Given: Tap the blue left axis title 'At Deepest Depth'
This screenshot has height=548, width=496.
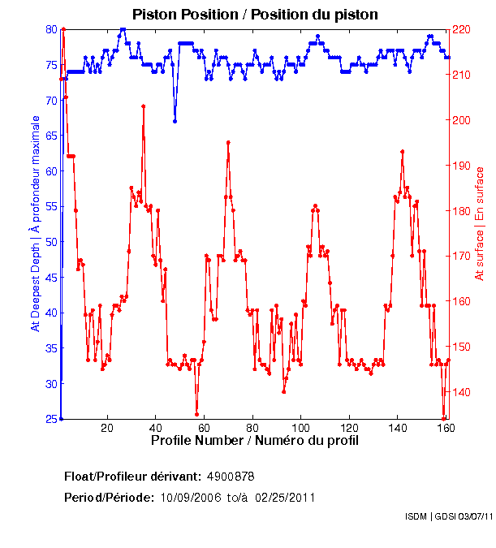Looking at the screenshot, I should point(35,223).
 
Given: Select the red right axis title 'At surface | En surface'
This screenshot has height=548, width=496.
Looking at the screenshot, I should point(480,224).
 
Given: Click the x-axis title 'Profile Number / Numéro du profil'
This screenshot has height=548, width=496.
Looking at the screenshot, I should point(254,441).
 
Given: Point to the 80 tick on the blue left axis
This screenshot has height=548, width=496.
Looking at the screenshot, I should point(50,29).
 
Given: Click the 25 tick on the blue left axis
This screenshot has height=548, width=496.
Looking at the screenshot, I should point(50,419).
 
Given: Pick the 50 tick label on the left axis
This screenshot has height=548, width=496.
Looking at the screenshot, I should point(50,242).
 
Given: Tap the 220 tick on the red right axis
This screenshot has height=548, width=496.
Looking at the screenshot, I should point(461,29).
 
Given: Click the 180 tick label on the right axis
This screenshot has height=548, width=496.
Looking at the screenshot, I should point(461,211).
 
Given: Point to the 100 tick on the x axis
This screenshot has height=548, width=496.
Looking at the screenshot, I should point(301,428).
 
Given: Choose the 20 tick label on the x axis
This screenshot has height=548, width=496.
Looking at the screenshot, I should point(107,428).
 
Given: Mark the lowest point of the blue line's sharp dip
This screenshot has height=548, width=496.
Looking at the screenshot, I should point(175,121).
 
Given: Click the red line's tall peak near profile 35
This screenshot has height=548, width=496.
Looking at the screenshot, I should point(143,106).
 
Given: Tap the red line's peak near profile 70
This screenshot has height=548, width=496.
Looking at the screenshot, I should point(229,142).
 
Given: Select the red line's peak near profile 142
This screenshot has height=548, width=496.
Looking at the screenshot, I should point(402,151).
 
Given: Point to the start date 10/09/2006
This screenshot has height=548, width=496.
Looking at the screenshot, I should point(192,497).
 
